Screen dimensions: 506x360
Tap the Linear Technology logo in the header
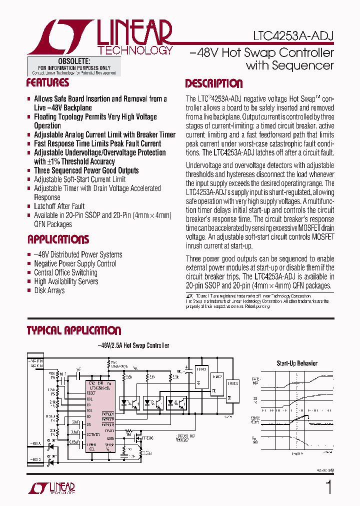click(100, 37)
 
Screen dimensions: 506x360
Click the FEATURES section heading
click(47, 83)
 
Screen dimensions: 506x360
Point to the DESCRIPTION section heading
click(214, 83)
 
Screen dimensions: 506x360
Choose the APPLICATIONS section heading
click(57, 239)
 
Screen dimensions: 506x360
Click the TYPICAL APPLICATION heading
click(73, 330)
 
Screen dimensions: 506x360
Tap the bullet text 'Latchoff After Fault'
click(59, 206)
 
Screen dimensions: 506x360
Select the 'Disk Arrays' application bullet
click(49, 290)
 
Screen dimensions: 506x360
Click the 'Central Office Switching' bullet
click(65, 272)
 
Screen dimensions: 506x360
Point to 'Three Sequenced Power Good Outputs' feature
click(86, 170)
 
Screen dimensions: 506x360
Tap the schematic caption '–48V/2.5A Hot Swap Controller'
click(133, 345)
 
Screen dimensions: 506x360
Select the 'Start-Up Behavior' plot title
click(297, 363)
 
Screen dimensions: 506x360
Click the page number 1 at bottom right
click(328, 487)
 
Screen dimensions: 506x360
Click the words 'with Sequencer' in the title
click(289, 65)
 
